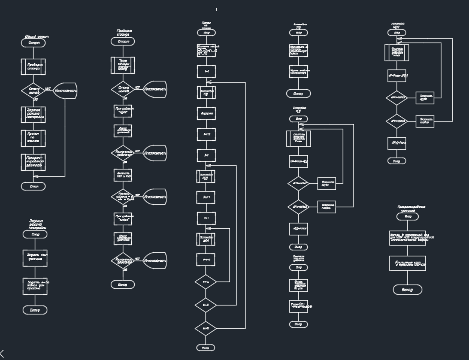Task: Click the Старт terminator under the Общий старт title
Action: point(34,44)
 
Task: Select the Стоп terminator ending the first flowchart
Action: point(34,186)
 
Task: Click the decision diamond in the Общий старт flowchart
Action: point(34,90)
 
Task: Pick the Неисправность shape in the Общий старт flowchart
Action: point(65,90)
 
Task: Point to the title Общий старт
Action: point(37,37)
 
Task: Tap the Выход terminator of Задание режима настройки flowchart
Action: point(35,310)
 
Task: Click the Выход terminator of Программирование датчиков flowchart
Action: point(407,289)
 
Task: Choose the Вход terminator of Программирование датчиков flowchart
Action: point(407,217)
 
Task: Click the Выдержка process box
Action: point(206,113)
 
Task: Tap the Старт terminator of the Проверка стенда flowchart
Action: point(123,41)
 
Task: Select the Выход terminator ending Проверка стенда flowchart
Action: point(123,284)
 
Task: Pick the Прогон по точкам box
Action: point(34,138)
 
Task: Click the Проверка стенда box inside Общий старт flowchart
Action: point(34,66)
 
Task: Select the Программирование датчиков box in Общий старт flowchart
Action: point(34,161)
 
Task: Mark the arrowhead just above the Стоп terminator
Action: point(34,181)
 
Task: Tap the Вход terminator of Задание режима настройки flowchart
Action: point(35,234)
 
